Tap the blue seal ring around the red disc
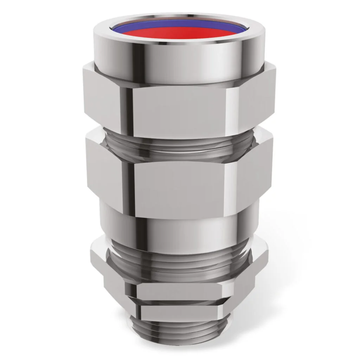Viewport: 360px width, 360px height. pos(180,24)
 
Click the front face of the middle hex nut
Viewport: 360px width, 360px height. pos(179,183)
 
